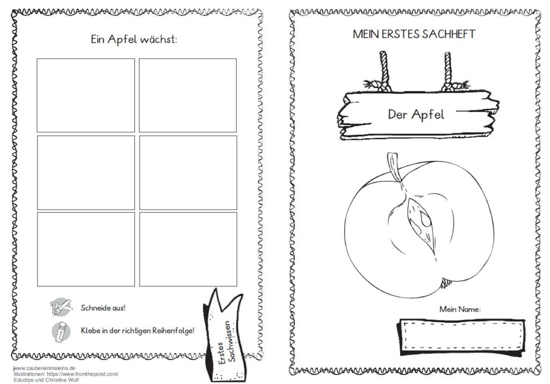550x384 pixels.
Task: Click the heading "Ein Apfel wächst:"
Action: pos(134,39)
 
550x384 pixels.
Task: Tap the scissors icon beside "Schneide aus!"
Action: pos(61,307)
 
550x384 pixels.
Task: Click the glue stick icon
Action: pos(61,331)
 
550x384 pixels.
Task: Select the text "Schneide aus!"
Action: pos(103,308)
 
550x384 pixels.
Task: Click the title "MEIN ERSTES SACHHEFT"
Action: pos(414,34)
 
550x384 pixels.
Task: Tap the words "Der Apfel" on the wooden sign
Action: pos(416,115)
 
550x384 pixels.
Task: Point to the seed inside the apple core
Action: pos(425,219)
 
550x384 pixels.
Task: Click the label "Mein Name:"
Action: pos(460,309)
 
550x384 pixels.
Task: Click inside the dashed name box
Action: pos(461,335)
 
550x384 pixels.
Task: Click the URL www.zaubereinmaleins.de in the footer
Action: pos(44,368)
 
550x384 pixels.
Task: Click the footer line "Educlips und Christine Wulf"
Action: pos(46,380)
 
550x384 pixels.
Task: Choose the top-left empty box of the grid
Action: pos(85,95)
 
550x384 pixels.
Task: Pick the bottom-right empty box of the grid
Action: pos(188,249)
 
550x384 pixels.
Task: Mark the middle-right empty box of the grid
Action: pos(188,172)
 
